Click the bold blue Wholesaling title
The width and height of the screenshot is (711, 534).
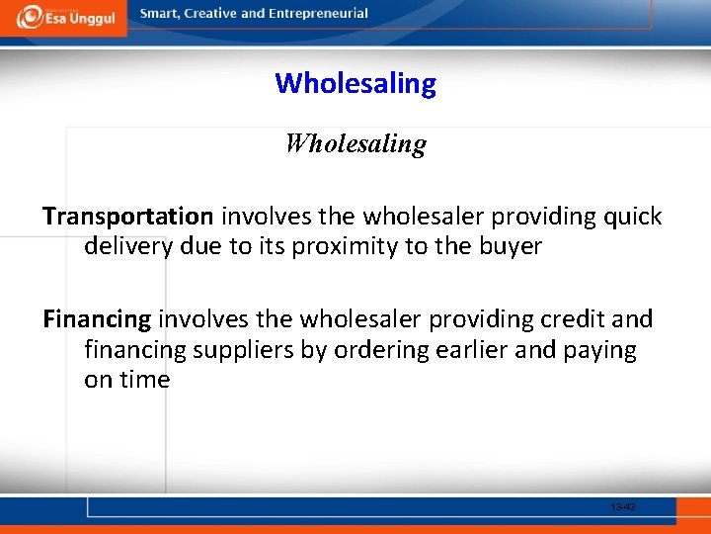[x=355, y=83]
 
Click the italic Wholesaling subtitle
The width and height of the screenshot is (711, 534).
[x=355, y=144]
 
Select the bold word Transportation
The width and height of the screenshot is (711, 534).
[x=127, y=217]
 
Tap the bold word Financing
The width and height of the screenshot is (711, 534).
[x=97, y=319]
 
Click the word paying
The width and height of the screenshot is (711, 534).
[x=600, y=350]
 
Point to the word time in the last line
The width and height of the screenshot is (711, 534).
[x=144, y=380]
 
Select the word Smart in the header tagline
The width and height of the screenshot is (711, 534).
[x=161, y=14]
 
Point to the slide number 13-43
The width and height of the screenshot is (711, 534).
[x=623, y=507]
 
